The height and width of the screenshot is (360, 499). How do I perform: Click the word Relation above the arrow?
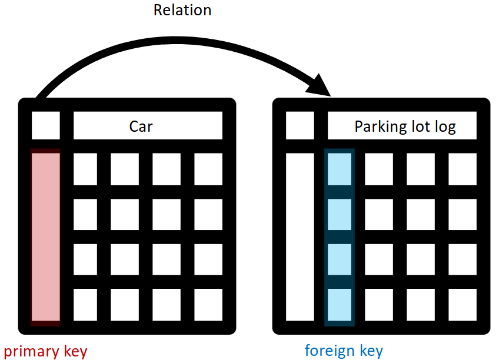182,10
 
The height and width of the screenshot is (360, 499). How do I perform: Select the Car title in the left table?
141,126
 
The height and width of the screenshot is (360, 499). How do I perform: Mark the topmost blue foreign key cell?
340,169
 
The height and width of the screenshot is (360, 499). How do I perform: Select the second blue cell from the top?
340,214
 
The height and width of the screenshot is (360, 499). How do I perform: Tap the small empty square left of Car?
45,125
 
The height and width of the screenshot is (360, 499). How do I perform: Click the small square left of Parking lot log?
300,125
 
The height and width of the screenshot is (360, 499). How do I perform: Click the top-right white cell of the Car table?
208,169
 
